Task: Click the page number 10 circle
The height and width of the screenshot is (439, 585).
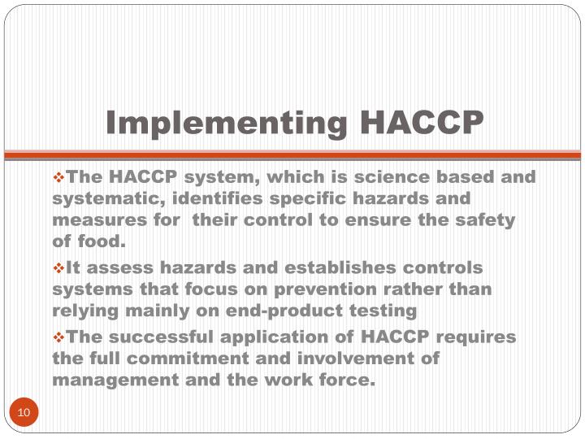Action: (x=24, y=413)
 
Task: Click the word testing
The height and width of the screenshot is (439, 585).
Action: (x=384, y=311)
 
